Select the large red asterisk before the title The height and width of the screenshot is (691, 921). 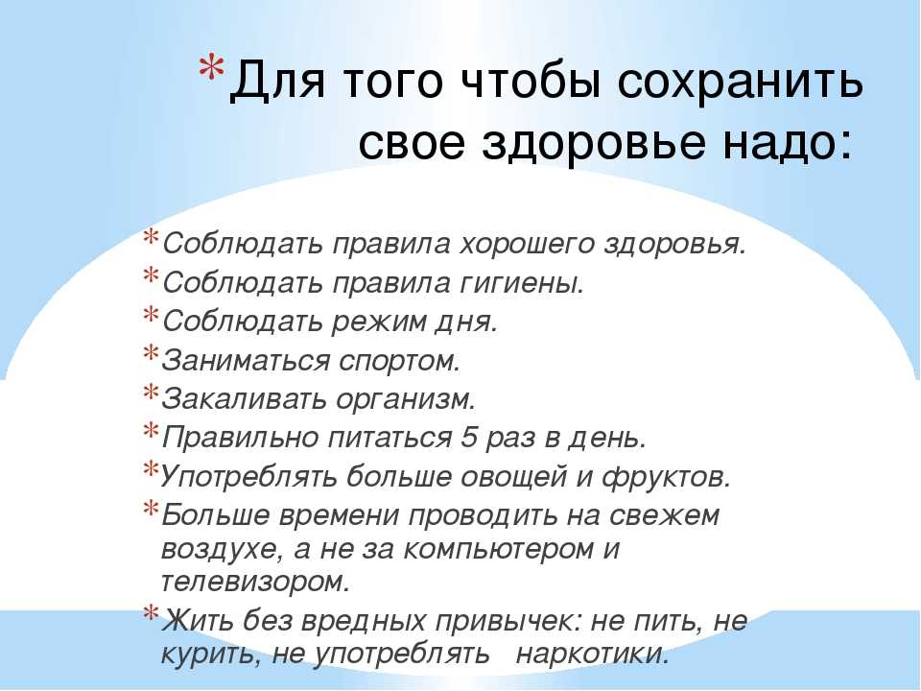coord(211,70)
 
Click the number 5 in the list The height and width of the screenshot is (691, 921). coord(468,438)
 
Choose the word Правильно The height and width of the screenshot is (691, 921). coord(240,439)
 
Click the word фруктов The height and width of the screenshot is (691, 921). coord(666,477)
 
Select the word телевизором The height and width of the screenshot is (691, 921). coord(255,582)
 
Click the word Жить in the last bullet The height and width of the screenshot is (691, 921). coord(198,620)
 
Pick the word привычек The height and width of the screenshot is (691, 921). coord(502,622)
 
